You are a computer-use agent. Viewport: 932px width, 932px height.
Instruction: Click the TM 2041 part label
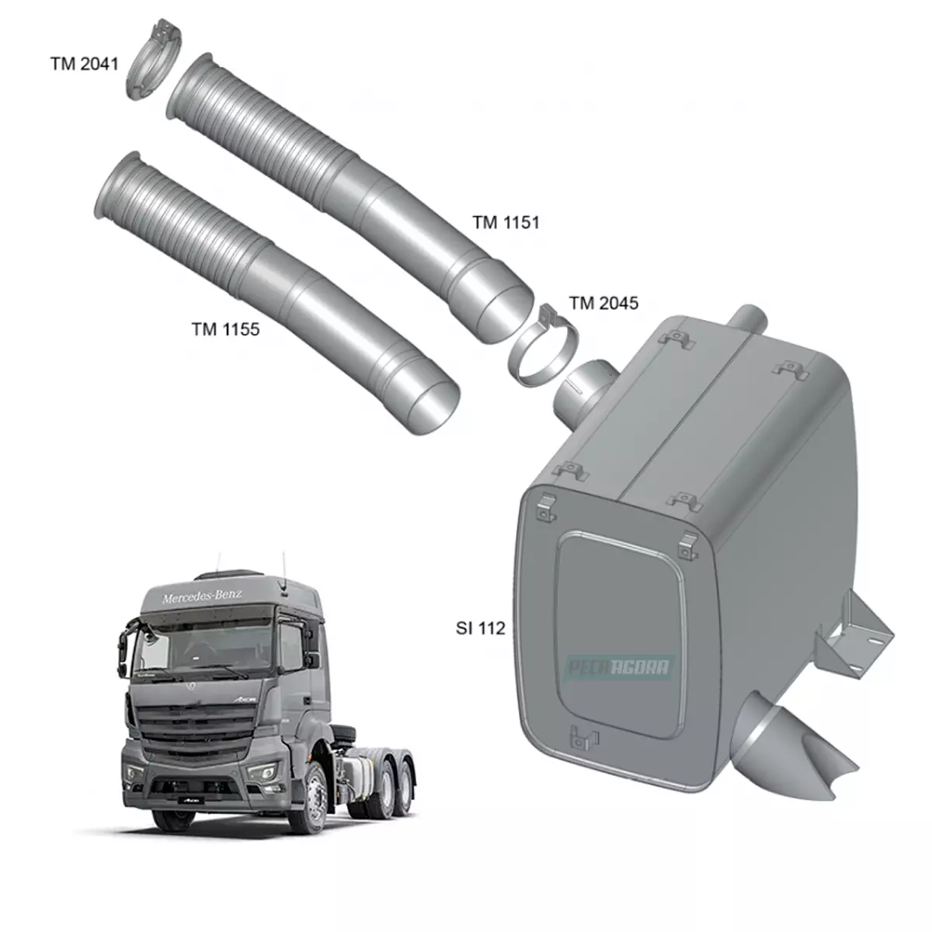(x=84, y=64)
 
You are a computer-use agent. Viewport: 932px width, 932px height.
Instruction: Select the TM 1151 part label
(x=506, y=223)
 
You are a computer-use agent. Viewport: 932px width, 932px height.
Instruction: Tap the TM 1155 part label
(x=225, y=329)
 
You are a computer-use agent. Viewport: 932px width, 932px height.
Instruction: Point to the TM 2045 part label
(x=603, y=303)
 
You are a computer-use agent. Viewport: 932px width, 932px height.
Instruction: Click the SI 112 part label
(x=480, y=628)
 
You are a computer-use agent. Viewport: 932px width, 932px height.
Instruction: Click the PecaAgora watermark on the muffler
(x=619, y=666)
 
